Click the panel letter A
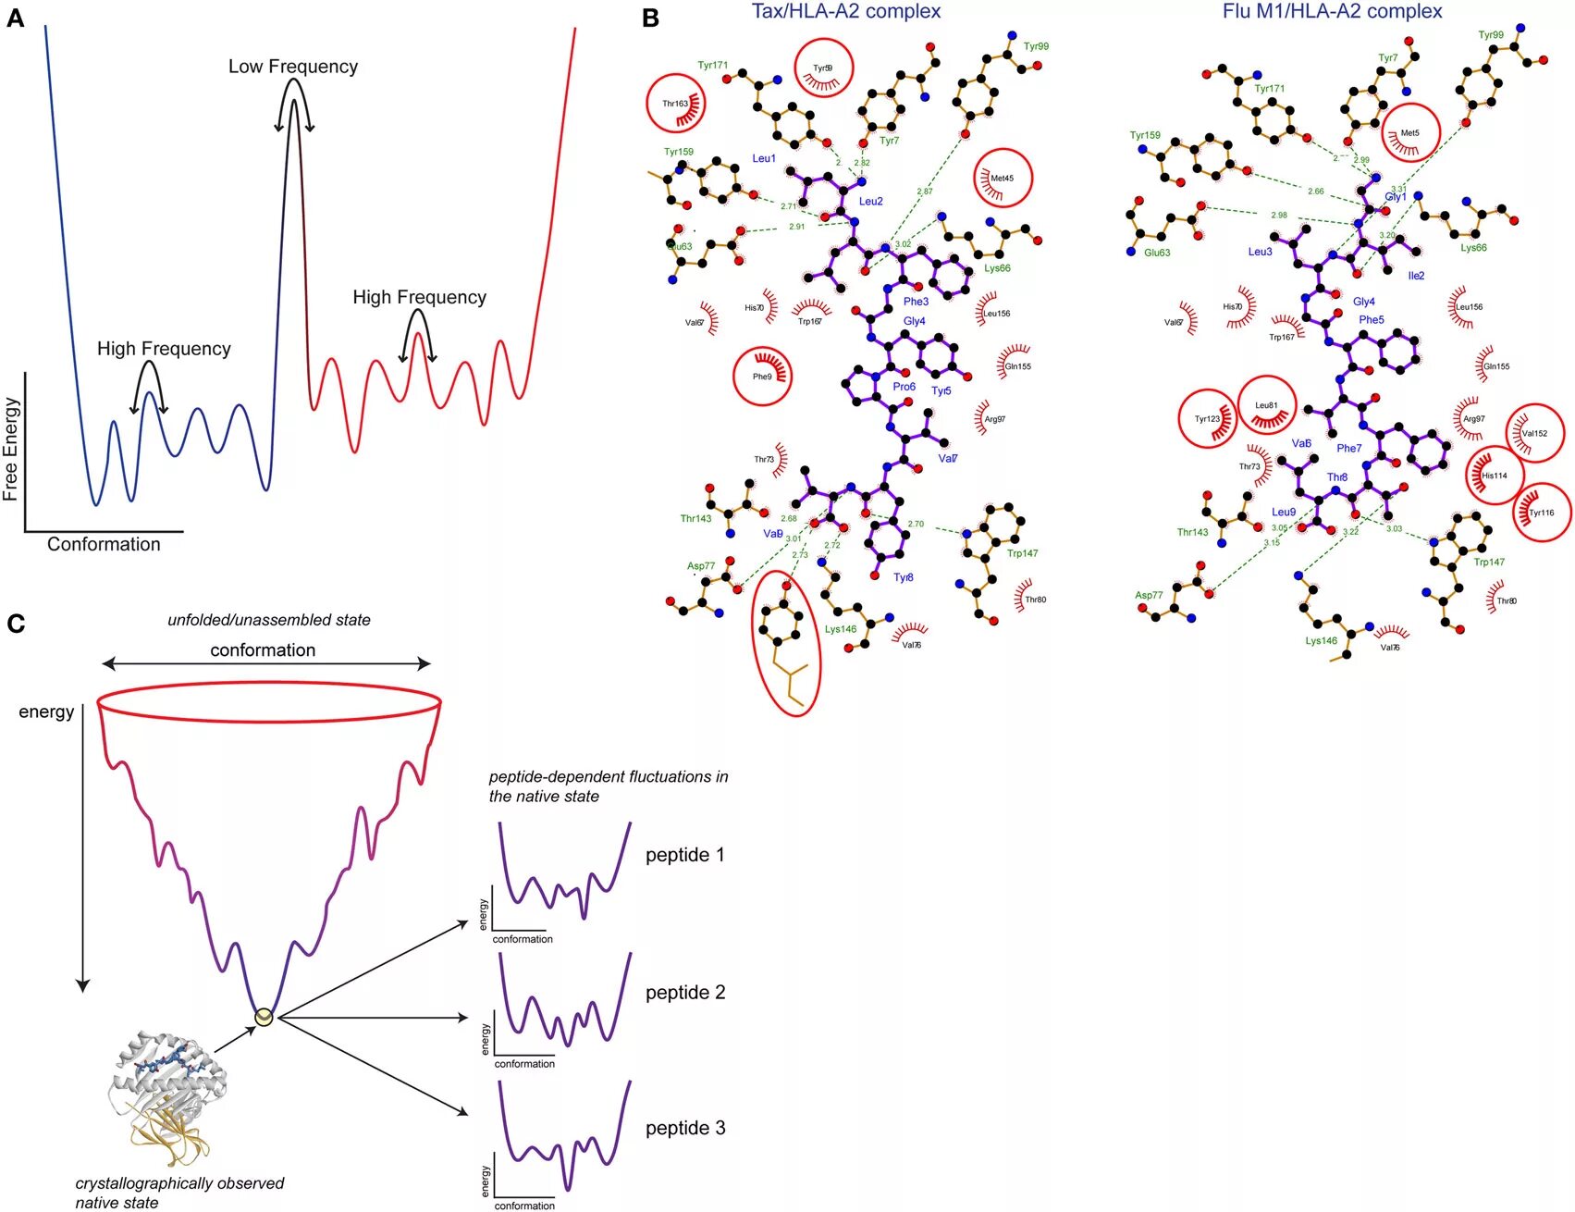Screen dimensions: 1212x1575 15,18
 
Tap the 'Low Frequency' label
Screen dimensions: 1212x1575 292,67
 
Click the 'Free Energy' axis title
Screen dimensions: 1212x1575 11,449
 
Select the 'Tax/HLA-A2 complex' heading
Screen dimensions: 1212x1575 845,11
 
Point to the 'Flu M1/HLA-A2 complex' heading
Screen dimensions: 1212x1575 1332,11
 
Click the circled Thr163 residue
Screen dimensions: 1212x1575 676,103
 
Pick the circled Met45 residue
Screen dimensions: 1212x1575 1003,178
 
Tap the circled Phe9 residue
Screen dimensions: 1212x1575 763,376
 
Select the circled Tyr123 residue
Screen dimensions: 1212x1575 1208,419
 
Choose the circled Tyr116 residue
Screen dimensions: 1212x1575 1541,512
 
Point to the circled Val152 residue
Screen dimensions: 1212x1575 1534,433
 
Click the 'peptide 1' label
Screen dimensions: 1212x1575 684,855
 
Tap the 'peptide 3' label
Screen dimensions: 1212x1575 684,1128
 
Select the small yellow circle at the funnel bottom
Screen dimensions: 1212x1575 265,1017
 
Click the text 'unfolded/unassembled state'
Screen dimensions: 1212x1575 268,620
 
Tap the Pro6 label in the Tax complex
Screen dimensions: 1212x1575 904,387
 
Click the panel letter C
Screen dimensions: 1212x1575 15,624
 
